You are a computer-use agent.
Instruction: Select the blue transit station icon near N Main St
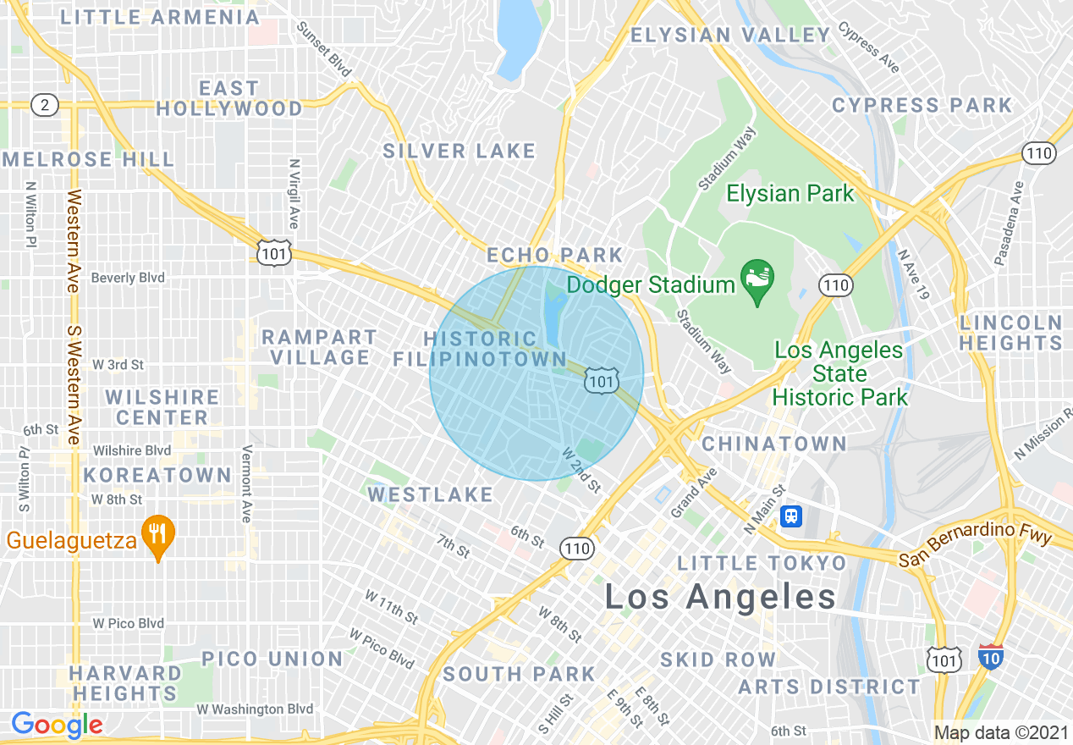coord(791,516)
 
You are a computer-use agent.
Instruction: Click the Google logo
coord(57,725)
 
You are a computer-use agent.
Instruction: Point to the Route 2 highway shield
coord(44,105)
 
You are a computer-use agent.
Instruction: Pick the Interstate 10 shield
coord(992,657)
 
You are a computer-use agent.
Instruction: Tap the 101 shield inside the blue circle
coord(600,381)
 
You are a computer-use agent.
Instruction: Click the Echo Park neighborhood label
coord(554,255)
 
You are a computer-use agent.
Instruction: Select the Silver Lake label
coord(459,152)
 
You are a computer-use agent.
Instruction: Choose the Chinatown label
coord(774,444)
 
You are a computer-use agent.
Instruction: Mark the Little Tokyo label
coord(762,563)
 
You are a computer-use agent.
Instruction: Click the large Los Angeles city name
coord(720,597)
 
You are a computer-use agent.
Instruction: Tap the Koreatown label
coord(157,475)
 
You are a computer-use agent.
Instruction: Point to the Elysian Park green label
coord(790,194)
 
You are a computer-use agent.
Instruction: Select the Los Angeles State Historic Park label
coord(839,373)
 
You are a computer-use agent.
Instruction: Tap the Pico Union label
coord(272,659)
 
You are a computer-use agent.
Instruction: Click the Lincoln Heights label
coord(1010,333)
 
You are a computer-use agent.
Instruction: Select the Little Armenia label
coord(160,17)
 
